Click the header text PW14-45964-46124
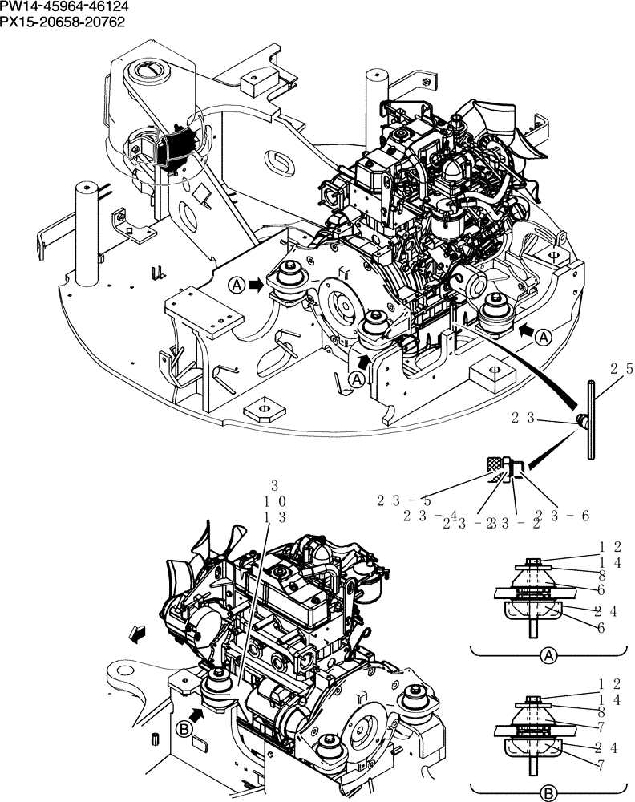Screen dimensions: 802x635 64,6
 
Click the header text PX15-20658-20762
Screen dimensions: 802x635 63,21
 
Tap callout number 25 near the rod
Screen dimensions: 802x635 621,370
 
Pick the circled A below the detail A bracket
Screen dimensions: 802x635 548,657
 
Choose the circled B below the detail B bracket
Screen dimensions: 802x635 548,793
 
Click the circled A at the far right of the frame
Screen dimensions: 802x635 543,338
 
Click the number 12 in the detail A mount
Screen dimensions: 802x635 612,547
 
